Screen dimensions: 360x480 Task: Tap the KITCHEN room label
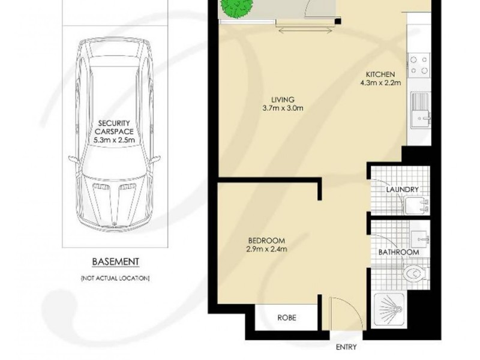point(380,75)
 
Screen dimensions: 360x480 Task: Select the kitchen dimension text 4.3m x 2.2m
point(380,83)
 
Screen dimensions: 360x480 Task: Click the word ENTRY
point(346,347)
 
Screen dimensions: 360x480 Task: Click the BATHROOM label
point(398,253)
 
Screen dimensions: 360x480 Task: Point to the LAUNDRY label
point(402,190)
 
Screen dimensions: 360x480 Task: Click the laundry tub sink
point(415,206)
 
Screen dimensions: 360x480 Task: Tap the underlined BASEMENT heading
point(116,262)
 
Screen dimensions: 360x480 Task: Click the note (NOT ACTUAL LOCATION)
point(116,278)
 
